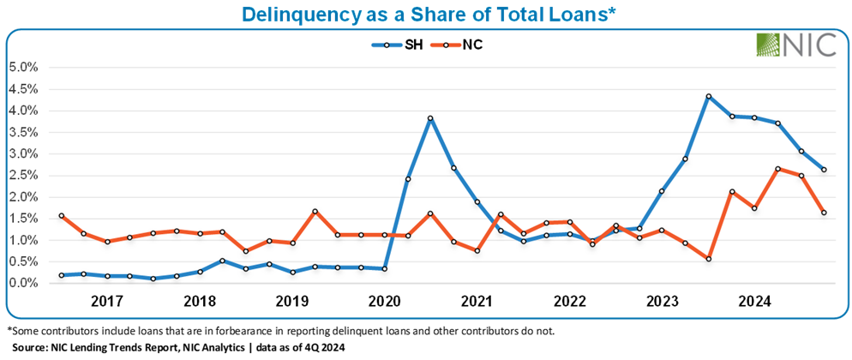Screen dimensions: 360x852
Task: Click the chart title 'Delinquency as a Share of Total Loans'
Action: [x=425, y=15]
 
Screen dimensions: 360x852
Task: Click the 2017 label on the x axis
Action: [x=107, y=302]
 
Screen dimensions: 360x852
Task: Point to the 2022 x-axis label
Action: [x=570, y=302]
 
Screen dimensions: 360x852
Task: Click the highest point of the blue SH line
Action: [x=709, y=97]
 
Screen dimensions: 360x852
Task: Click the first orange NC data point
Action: [x=61, y=216]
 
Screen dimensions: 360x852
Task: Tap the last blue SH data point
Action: [x=824, y=170]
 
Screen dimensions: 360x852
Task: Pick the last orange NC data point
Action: [x=824, y=213]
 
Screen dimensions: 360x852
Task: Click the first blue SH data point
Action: [x=61, y=275]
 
